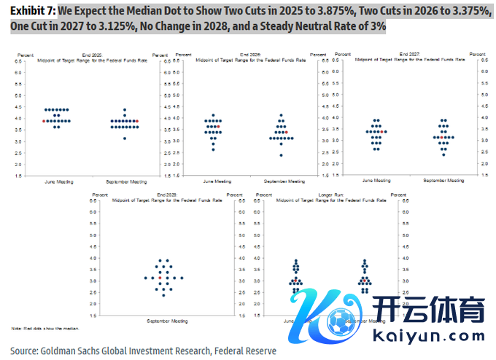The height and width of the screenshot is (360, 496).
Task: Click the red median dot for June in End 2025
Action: point(44,121)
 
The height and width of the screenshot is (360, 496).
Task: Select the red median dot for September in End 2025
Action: point(137,121)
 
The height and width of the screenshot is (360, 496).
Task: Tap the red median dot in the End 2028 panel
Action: point(160,278)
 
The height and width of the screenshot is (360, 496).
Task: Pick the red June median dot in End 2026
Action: point(217,126)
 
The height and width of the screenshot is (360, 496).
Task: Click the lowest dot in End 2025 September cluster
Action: point(125,138)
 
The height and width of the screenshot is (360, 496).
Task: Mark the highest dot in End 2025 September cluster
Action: point(125,110)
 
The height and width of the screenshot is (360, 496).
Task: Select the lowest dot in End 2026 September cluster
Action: point(280,154)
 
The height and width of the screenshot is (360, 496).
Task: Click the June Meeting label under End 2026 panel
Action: point(217,181)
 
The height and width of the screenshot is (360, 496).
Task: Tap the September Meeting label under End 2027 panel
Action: point(445,180)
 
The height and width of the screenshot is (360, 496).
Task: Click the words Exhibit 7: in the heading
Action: point(33,12)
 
